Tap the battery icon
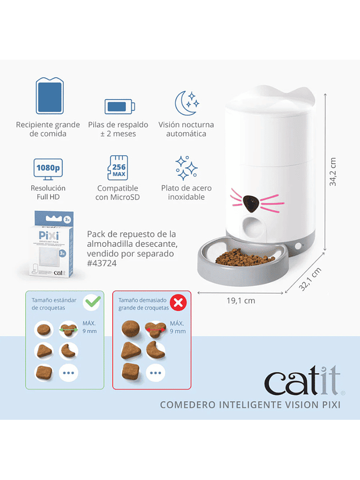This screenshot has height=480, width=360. pos(119,106)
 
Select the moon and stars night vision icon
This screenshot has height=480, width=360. pos(186,103)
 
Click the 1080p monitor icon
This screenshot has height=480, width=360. pos(48,169)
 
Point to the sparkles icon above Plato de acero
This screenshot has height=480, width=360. pos(186,168)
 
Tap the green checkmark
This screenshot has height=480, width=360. pos(92,303)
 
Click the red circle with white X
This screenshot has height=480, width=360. pos(178,303)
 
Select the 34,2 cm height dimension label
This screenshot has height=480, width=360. pos(333,171)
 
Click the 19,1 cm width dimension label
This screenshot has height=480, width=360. pos(241,301)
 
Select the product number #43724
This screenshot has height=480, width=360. pos(102,263)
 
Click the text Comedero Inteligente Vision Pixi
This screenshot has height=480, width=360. pos(250,404)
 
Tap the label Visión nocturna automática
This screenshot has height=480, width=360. pos(186,129)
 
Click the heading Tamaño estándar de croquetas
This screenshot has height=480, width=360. pos(54,303)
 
